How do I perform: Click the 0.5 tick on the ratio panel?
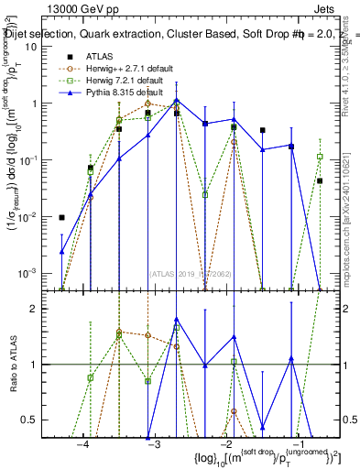38,420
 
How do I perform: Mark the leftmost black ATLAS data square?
61,218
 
